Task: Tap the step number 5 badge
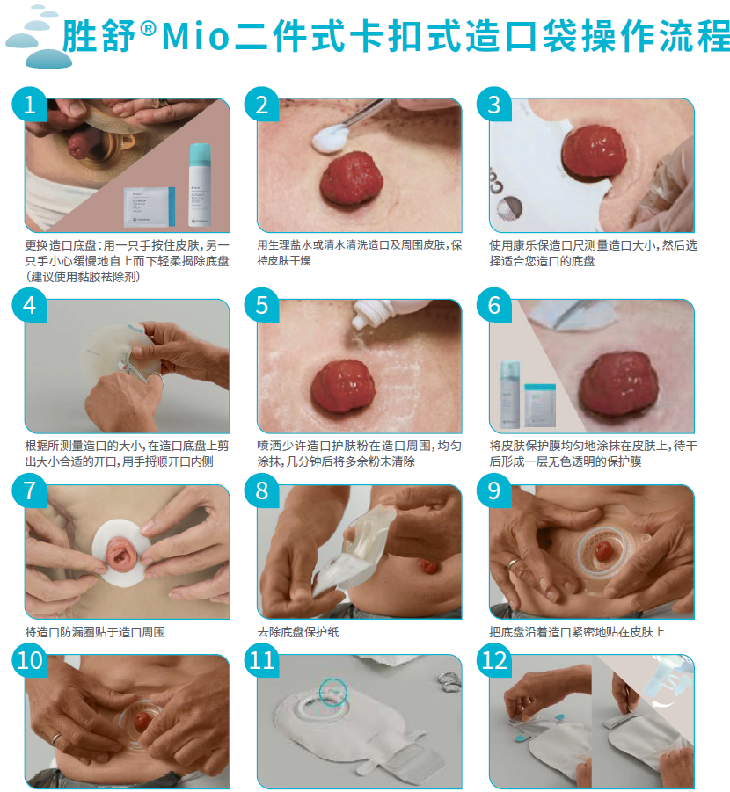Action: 262,305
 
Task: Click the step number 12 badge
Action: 494,660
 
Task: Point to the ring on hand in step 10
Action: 56,738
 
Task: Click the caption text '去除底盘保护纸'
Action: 298,631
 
